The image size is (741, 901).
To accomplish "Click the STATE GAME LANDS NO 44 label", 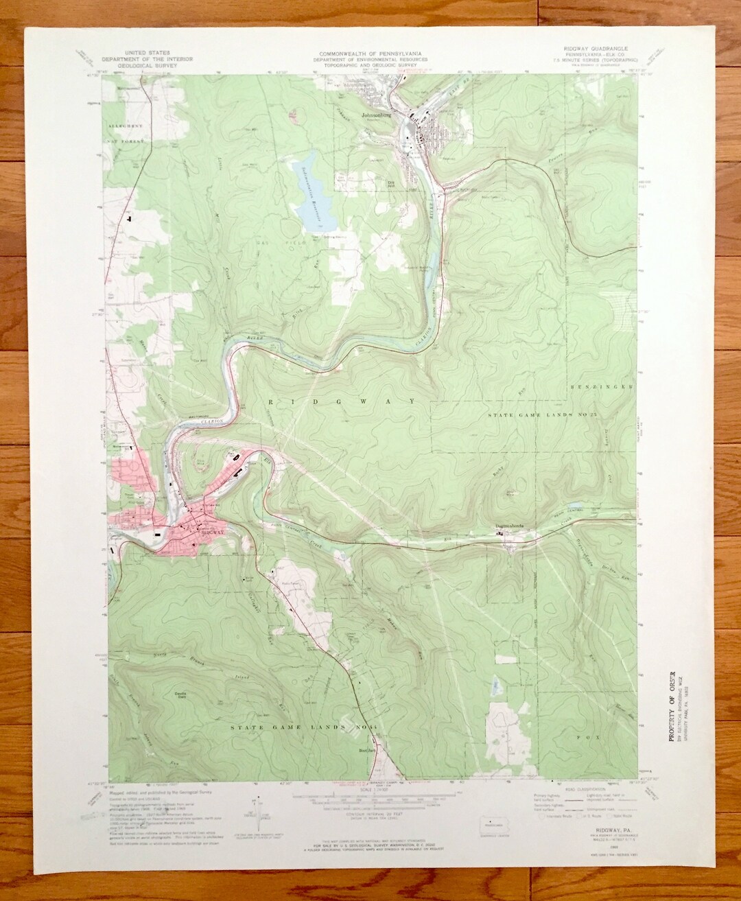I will [x=286, y=726].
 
